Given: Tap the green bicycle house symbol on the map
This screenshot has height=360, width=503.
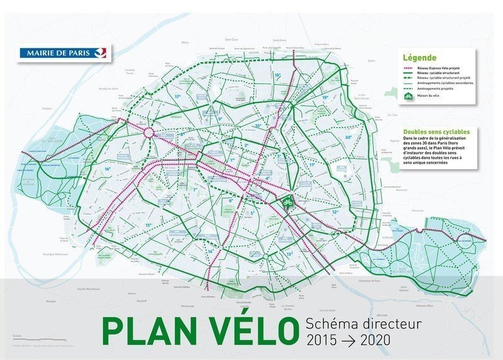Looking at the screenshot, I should click(286, 203).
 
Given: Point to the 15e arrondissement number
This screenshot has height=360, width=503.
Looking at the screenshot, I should click(148, 225).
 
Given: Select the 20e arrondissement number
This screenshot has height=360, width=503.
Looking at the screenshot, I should click(348, 137).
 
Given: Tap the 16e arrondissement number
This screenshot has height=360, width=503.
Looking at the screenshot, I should click(108, 170).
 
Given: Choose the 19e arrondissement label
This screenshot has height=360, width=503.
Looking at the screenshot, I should click(324, 98).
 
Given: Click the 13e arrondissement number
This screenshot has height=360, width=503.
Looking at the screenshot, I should click(289, 253).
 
